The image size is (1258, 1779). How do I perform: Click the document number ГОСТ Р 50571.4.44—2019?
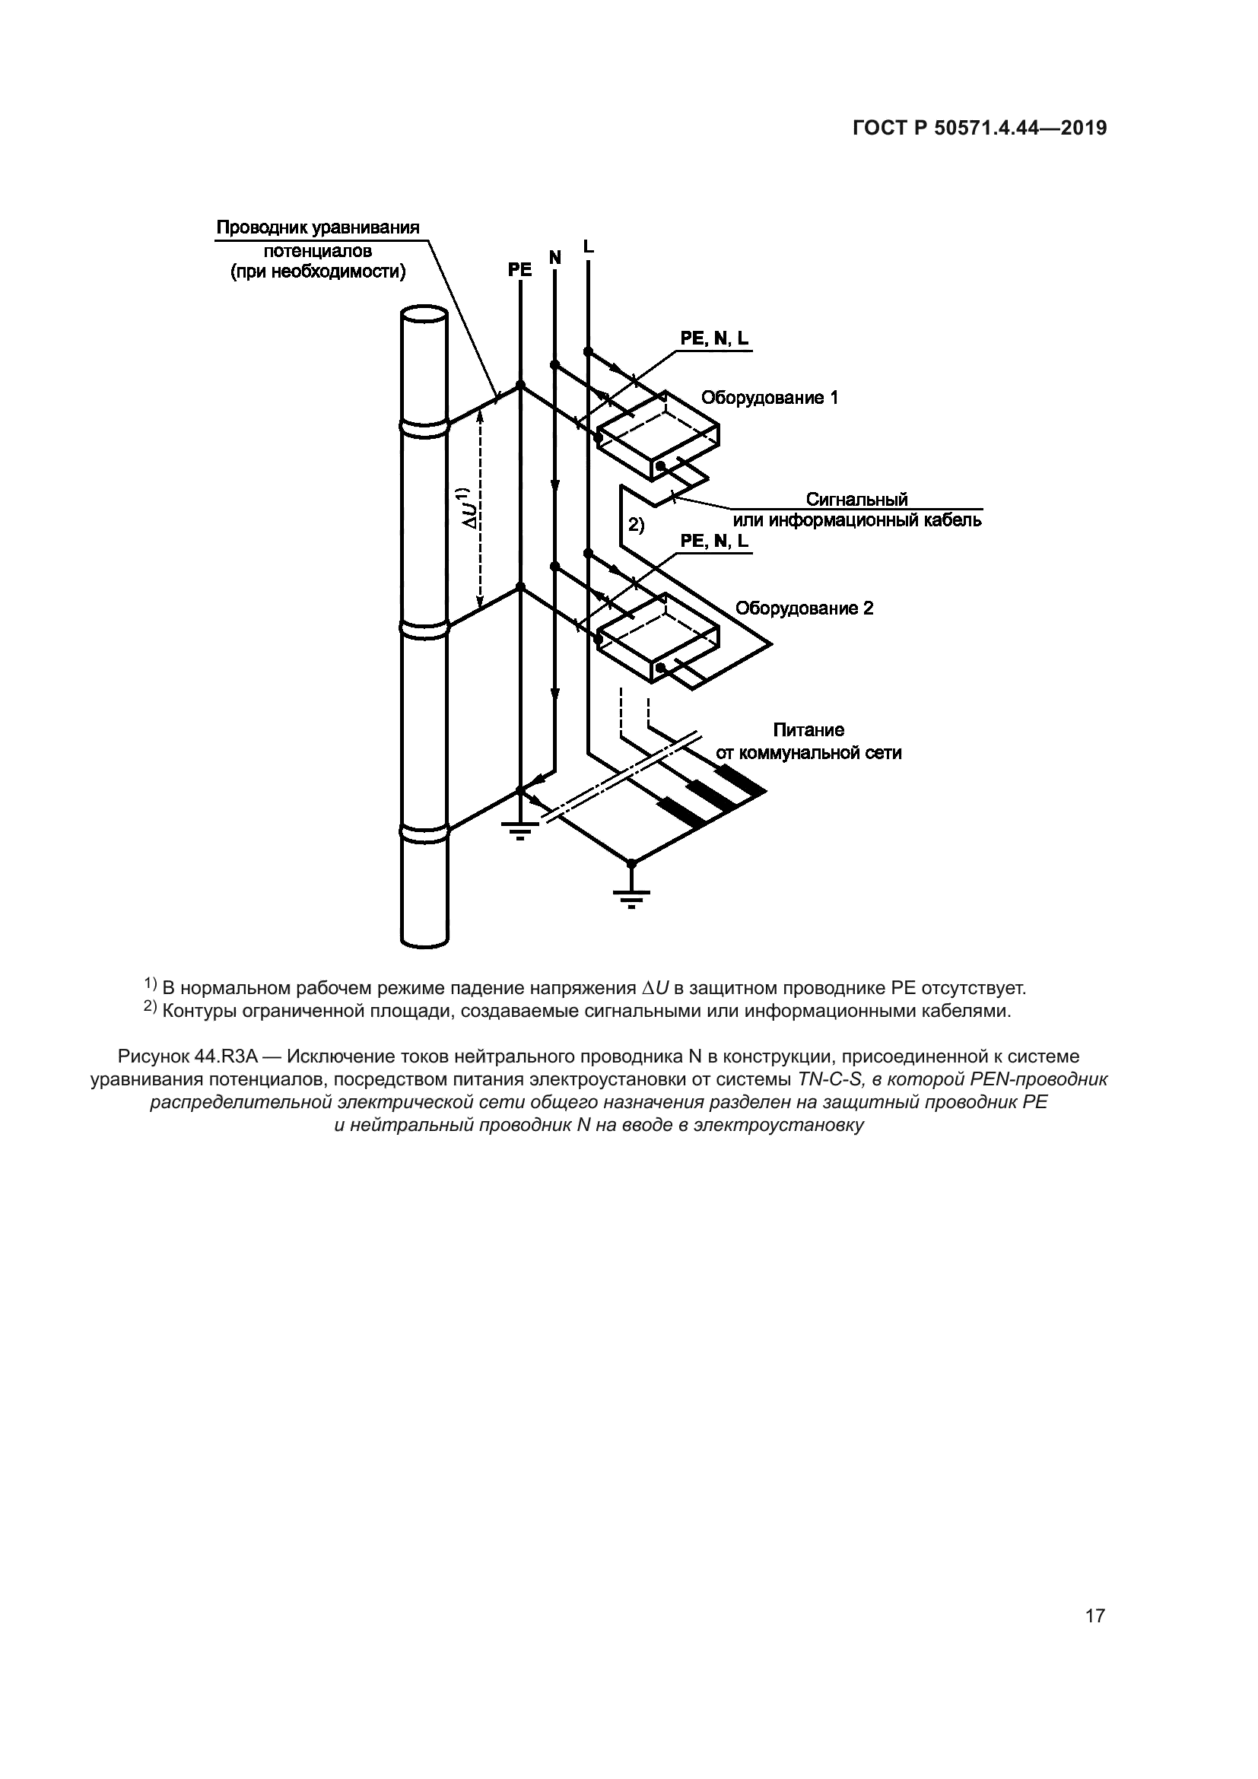coord(979,129)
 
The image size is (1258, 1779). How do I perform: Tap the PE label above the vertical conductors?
coord(519,270)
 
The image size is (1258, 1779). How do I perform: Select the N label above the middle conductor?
coord(554,257)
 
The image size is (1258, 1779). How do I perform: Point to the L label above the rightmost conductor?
coord(588,247)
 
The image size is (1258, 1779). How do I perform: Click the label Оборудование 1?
coord(769,398)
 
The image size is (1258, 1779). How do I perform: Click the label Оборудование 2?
coord(804,608)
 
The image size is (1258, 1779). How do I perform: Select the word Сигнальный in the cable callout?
coord(856,499)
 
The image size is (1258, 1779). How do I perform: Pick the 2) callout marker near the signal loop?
coord(635,526)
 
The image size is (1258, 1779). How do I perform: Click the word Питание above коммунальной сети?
coord(808,730)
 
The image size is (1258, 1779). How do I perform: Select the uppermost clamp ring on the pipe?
coord(424,427)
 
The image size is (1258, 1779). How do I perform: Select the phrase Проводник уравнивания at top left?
coord(318,228)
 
